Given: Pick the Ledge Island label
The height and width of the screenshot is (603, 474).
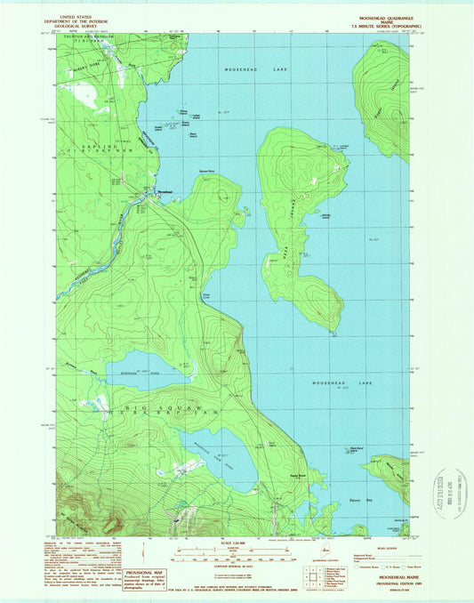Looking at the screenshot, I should tap(196, 117).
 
